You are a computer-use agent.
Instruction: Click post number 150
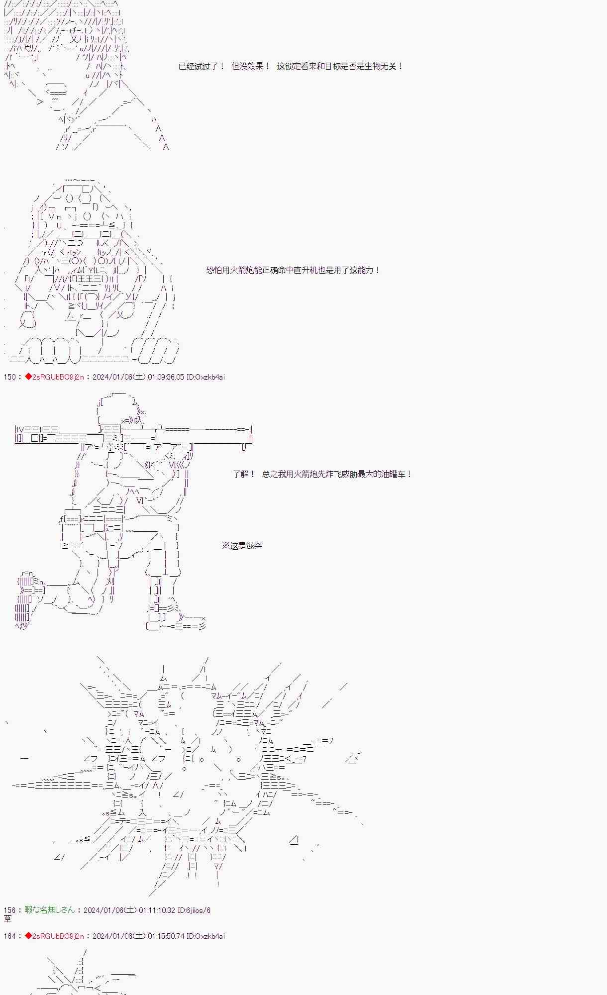click(9, 377)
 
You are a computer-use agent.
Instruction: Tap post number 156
click(9, 910)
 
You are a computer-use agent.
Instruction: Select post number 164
click(9, 936)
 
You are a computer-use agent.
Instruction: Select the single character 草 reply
click(7, 919)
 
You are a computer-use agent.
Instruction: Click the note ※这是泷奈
click(242, 546)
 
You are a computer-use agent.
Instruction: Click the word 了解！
click(244, 474)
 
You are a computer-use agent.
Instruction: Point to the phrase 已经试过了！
click(202, 66)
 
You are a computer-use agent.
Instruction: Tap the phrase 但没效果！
click(251, 66)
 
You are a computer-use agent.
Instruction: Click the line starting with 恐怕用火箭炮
click(294, 270)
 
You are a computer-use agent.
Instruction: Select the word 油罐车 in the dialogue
click(394, 474)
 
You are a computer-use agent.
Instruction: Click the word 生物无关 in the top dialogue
click(381, 66)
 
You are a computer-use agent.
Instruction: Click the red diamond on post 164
click(28, 936)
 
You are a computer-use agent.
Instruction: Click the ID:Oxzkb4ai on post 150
click(206, 377)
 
